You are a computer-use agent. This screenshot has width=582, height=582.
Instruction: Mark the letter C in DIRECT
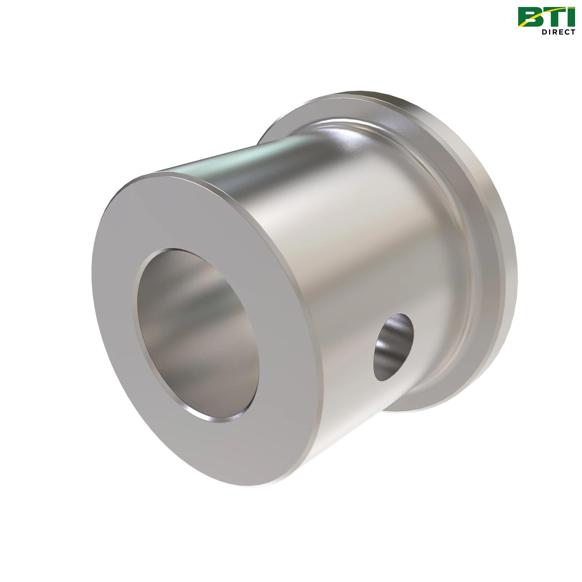coord(567,32)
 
